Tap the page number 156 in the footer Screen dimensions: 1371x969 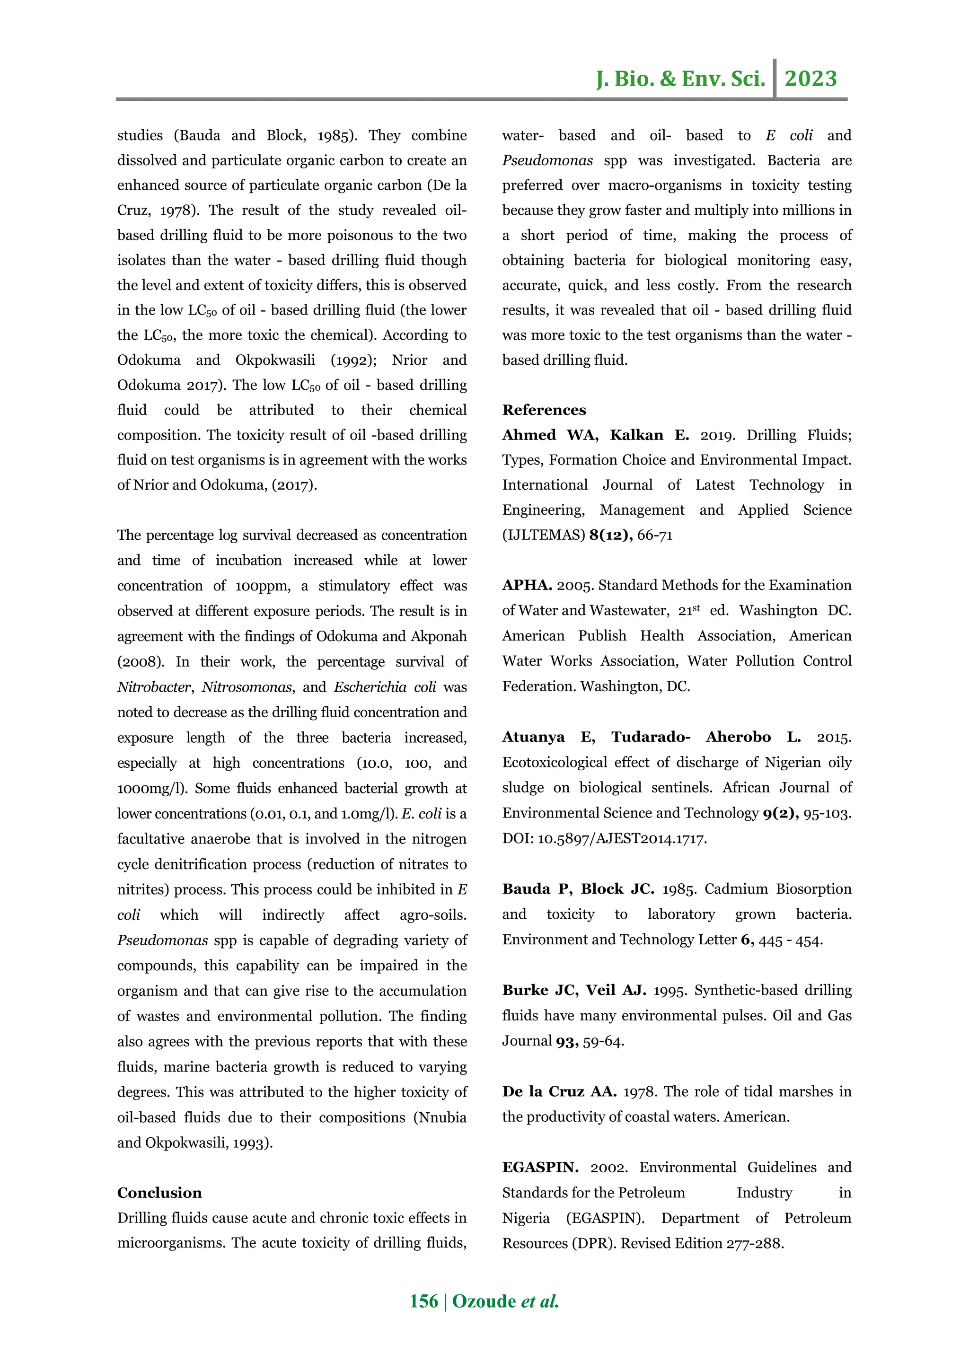423,1301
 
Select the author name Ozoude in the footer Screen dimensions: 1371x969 484,1301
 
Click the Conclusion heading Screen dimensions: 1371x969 159,1193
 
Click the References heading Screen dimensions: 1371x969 544,410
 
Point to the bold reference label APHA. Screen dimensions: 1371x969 527,585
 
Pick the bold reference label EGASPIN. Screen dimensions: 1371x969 540,1168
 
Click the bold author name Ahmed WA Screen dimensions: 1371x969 549,435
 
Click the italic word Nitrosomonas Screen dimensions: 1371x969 247,687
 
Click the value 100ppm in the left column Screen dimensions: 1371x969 262,586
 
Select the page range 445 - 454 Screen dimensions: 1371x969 791,940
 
